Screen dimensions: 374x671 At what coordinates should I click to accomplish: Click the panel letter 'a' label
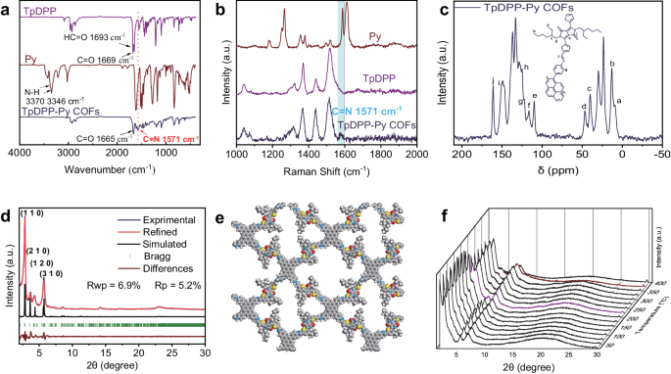[x=6, y=9]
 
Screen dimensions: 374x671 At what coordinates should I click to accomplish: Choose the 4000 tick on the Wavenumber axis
[x=21, y=154]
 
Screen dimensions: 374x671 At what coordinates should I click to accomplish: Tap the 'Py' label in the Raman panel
[x=375, y=36]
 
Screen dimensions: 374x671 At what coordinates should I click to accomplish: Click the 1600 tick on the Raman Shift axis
[x=344, y=154]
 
